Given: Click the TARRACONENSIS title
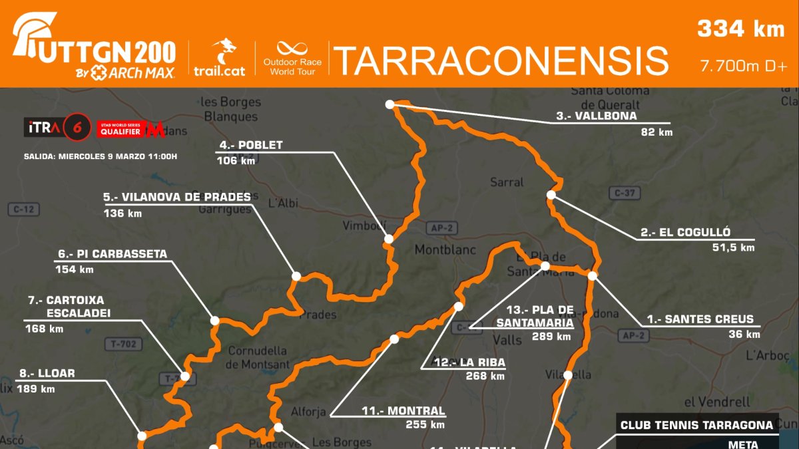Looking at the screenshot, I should click(x=501, y=61).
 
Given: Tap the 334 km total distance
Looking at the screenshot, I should click(x=740, y=29).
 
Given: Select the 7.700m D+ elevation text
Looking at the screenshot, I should click(x=743, y=67).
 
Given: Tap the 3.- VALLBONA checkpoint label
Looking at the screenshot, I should click(x=597, y=116).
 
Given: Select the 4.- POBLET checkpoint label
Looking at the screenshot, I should click(x=250, y=145).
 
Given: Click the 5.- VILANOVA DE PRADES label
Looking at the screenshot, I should click(x=177, y=197).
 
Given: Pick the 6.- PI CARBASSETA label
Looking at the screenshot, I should click(x=113, y=254).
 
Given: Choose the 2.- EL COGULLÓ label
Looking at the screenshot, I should click(x=685, y=232).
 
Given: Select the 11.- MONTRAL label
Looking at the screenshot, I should click(x=403, y=411).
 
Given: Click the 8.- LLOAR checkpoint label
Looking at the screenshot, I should click(x=46, y=374).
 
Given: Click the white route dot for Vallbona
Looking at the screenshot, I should click(x=390, y=104).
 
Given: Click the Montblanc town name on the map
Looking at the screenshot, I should click(x=445, y=250).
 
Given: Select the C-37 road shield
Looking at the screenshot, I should click(x=625, y=193).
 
